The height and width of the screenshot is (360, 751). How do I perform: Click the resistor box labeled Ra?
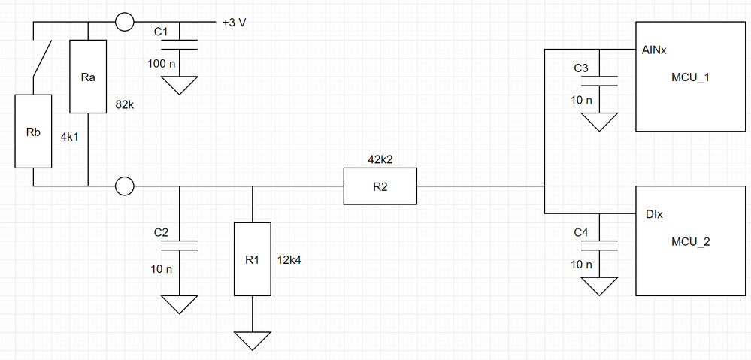point(89,76)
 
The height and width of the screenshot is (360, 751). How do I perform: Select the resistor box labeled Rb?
point(33,132)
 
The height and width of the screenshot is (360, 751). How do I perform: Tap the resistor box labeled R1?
point(252,259)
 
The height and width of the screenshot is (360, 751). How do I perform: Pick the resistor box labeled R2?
point(380,186)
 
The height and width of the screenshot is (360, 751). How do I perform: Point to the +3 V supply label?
point(234,23)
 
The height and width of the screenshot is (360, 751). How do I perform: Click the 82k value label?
point(125,104)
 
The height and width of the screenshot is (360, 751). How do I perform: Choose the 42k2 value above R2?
point(380,160)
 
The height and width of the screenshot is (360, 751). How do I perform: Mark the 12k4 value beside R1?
point(290,259)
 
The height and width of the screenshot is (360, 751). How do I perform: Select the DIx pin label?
point(653,215)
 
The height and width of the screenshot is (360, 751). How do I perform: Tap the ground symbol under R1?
point(252,340)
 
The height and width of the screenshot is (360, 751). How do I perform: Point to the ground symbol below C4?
point(599,286)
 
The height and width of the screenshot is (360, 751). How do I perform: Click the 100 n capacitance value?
point(162,64)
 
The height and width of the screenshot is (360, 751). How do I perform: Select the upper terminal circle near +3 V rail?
point(125,23)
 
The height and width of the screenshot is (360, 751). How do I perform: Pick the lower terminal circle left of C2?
point(125,186)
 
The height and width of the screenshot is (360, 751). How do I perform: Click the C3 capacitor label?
point(581,68)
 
